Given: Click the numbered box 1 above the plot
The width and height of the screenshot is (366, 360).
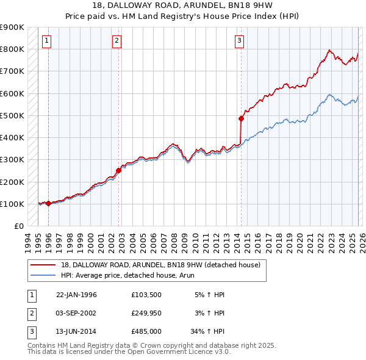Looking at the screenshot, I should pos(47,41).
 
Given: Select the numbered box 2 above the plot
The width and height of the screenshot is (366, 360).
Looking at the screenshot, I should pos(117,41).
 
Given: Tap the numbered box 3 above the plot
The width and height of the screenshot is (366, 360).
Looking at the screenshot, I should pos(239,41).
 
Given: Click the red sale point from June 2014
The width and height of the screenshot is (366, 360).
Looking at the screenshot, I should pos(241,119).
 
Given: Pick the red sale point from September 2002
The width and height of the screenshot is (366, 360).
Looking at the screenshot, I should pos(119,170).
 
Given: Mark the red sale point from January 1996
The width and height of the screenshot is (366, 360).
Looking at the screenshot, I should pos(48,203).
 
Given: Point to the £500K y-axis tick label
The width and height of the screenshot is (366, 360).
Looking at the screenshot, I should pos(12,115).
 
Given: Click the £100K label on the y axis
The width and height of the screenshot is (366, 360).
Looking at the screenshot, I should pos(12,204).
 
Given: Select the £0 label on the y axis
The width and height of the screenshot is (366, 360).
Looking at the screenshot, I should pos(18,226).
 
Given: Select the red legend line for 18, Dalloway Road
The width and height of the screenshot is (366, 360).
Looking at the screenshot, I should pos(42,265).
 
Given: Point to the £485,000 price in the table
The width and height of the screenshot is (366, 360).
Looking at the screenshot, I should pos(146,331).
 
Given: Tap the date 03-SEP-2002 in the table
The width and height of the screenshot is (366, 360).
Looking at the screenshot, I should pos(76,313).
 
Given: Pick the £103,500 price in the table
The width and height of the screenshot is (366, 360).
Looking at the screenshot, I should pos(146,295).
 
